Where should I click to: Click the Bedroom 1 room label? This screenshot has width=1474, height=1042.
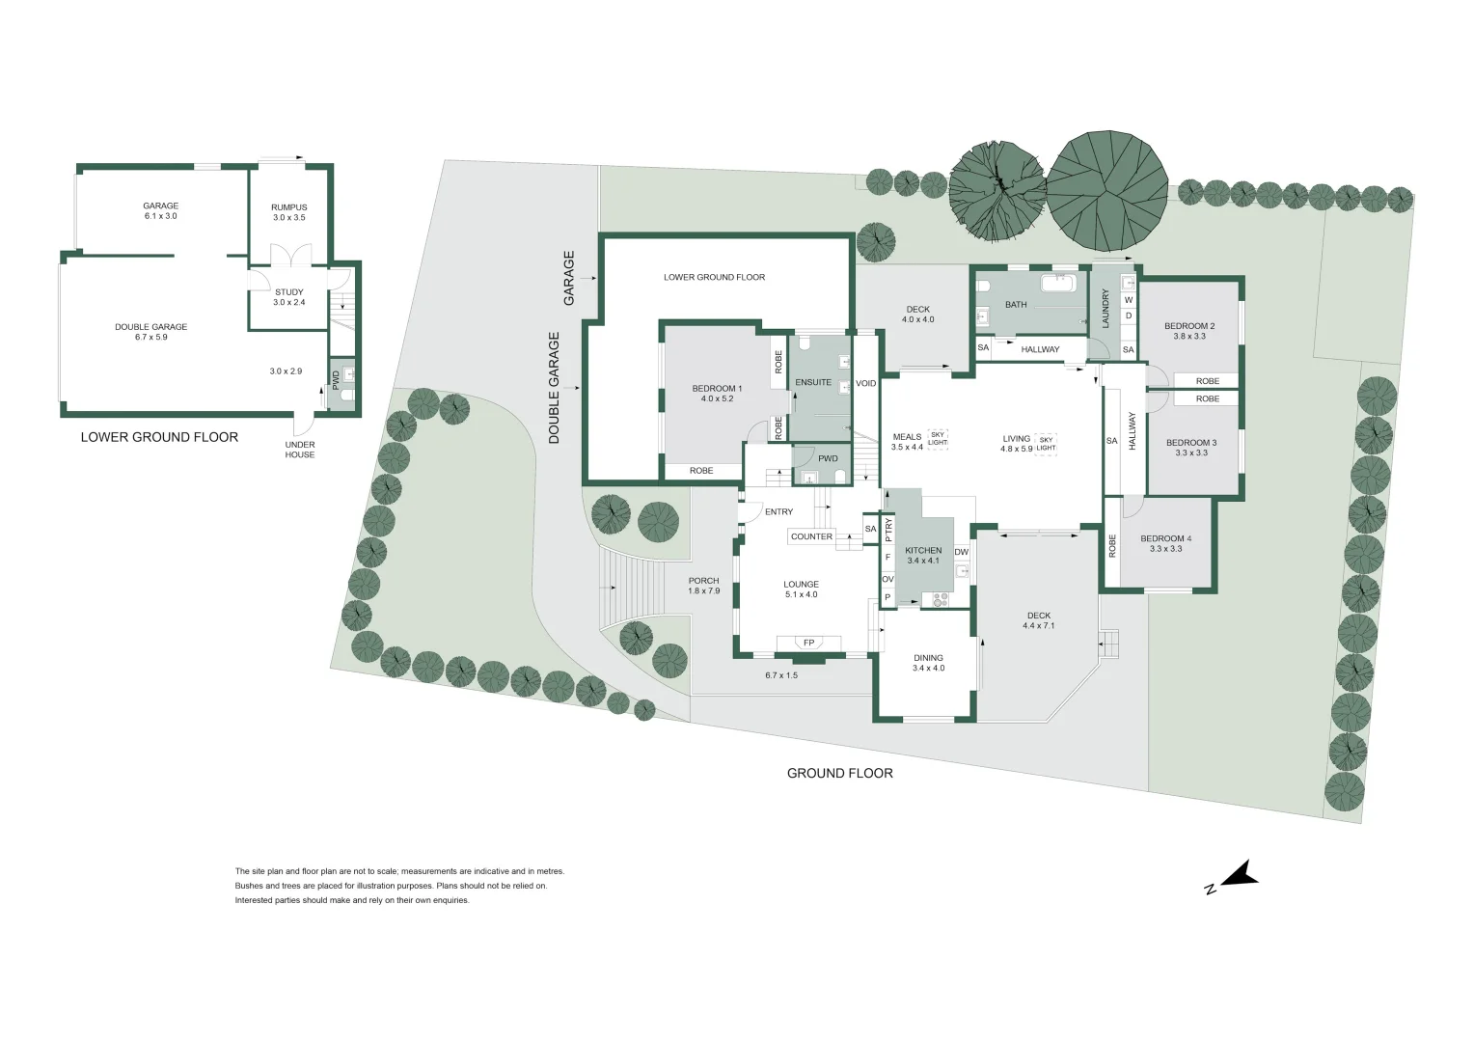pos(717,389)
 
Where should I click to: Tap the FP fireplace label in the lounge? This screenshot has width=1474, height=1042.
pos(808,643)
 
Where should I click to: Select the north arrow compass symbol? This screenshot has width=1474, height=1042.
pos(1235,876)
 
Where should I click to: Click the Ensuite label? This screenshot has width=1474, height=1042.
pos(813,382)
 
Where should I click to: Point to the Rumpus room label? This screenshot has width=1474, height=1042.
pos(288,207)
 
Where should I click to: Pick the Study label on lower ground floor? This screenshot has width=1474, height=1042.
pos(288,292)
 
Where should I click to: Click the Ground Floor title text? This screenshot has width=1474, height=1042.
pos(839,773)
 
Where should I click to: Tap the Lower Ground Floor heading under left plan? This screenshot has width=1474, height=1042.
pos(159,436)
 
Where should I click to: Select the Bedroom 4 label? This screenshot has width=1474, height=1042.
pos(1165,538)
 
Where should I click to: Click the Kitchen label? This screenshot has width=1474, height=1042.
pos(923,551)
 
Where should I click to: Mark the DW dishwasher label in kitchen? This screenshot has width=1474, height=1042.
pos(961,552)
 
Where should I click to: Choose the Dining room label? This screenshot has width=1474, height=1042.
pos(928,658)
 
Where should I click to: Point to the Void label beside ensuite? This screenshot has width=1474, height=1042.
pos(866,384)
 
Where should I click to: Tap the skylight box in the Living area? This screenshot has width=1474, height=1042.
pos(1046,443)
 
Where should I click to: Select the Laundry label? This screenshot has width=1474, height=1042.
pos(1105,308)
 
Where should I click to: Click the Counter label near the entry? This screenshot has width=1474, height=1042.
pos(811,536)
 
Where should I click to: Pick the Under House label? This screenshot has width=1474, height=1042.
pos(299,450)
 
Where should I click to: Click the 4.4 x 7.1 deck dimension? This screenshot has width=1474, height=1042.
pos(1038,626)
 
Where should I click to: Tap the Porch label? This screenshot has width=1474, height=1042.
pos(703,581)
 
